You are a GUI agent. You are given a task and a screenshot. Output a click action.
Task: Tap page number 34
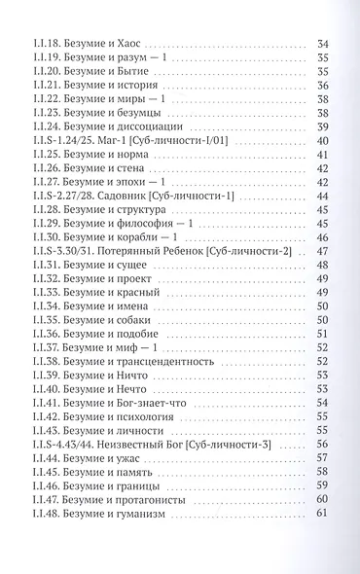[x=323, y=44]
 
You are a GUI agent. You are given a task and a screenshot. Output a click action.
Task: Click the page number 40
[x=323, y=141]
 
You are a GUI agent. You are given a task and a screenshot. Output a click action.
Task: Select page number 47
[x=323, y=251]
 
